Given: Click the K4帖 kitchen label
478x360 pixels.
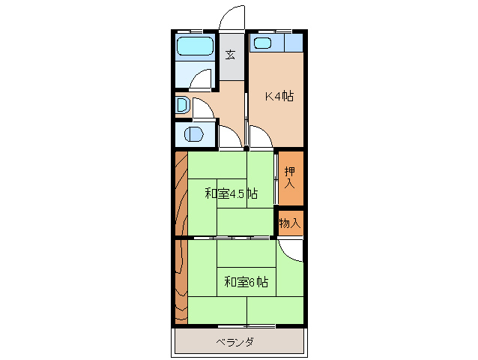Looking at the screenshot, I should (278, 97).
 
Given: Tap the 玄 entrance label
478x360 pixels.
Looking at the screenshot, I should (232, 55).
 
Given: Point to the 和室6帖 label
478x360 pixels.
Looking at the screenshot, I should (246, 282).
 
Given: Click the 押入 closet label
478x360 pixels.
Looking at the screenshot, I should (290, 178).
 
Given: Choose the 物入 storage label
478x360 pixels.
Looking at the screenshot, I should (290, 223).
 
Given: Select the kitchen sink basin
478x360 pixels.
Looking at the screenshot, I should (261, 43).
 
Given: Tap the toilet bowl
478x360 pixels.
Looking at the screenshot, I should (193, 136).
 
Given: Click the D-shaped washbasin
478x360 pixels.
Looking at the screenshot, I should (181, 104).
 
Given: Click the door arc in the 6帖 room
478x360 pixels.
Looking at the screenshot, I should (292, 250).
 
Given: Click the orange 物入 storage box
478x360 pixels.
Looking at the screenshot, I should (291, 223).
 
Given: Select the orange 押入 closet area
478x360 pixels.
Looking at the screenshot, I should (291, 178).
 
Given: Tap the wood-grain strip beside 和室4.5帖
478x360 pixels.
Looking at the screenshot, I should (181, 194).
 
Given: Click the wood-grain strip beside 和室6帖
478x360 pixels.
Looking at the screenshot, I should (181, 282).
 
